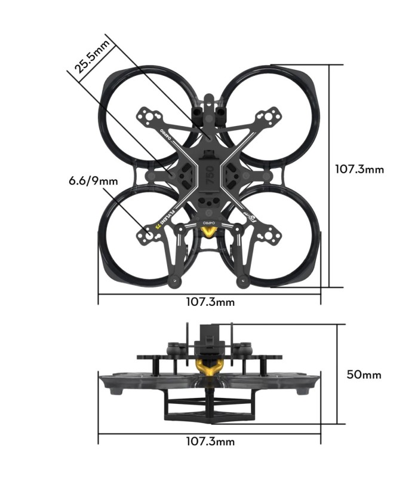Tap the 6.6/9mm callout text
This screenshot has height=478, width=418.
pos(93,179)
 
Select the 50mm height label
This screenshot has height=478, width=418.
pos(364,375)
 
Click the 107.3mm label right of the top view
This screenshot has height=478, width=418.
pos(358,169)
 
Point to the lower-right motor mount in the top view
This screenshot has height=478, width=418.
pos(270,236)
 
